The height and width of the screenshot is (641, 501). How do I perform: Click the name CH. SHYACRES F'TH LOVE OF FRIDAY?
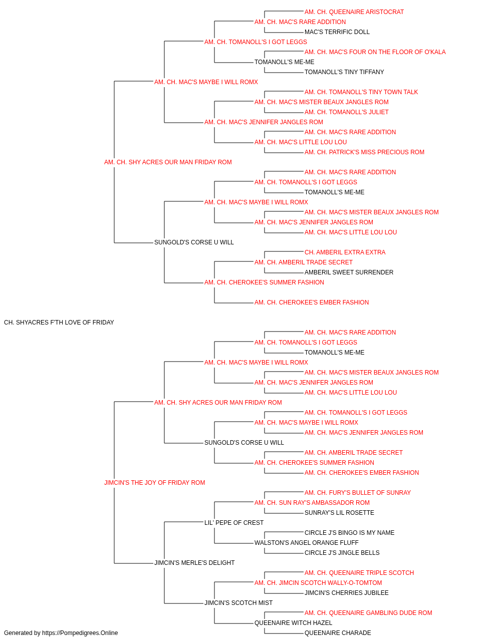(x=59, y=323)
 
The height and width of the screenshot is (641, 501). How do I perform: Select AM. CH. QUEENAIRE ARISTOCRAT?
(x=354, y=12)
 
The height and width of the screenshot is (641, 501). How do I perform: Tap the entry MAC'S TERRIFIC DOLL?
(x=337, y=32)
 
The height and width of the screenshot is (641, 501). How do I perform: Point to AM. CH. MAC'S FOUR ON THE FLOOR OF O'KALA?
(x=375, y=52)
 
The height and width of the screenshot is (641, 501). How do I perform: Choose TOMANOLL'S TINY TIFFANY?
(x=344, y=72)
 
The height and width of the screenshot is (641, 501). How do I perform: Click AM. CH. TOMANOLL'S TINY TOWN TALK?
(x=361, y=92)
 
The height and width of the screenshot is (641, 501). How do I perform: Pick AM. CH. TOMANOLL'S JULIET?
(x=346, y=112)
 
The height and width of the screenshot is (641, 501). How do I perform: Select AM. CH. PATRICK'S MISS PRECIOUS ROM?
(x=364, y=152)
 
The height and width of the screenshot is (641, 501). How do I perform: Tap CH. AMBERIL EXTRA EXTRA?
(x=345, y=252)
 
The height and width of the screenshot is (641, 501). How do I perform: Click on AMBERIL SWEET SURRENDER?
(x=349, y=272)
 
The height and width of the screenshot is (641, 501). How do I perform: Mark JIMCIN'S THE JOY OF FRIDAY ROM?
(x=155, y=483)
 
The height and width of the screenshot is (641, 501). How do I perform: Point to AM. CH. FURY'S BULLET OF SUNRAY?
(x=358, y=493)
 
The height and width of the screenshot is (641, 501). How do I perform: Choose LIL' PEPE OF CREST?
(x=234, y=523)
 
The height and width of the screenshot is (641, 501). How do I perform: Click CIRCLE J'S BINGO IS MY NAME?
(x=349, y=533)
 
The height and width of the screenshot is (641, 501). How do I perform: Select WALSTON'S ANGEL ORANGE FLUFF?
(x=306, y=543)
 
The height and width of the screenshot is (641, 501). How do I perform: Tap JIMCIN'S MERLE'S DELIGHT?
(x=194, y=563)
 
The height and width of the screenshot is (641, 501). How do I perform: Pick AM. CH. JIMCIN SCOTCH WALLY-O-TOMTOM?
(x=318, y=583)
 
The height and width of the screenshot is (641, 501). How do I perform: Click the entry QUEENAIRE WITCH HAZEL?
(x=293, y=622)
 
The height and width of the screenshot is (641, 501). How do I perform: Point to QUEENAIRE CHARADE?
(x=338, y=633)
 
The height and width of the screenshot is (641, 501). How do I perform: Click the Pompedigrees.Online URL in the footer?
(x=80, y=633)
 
